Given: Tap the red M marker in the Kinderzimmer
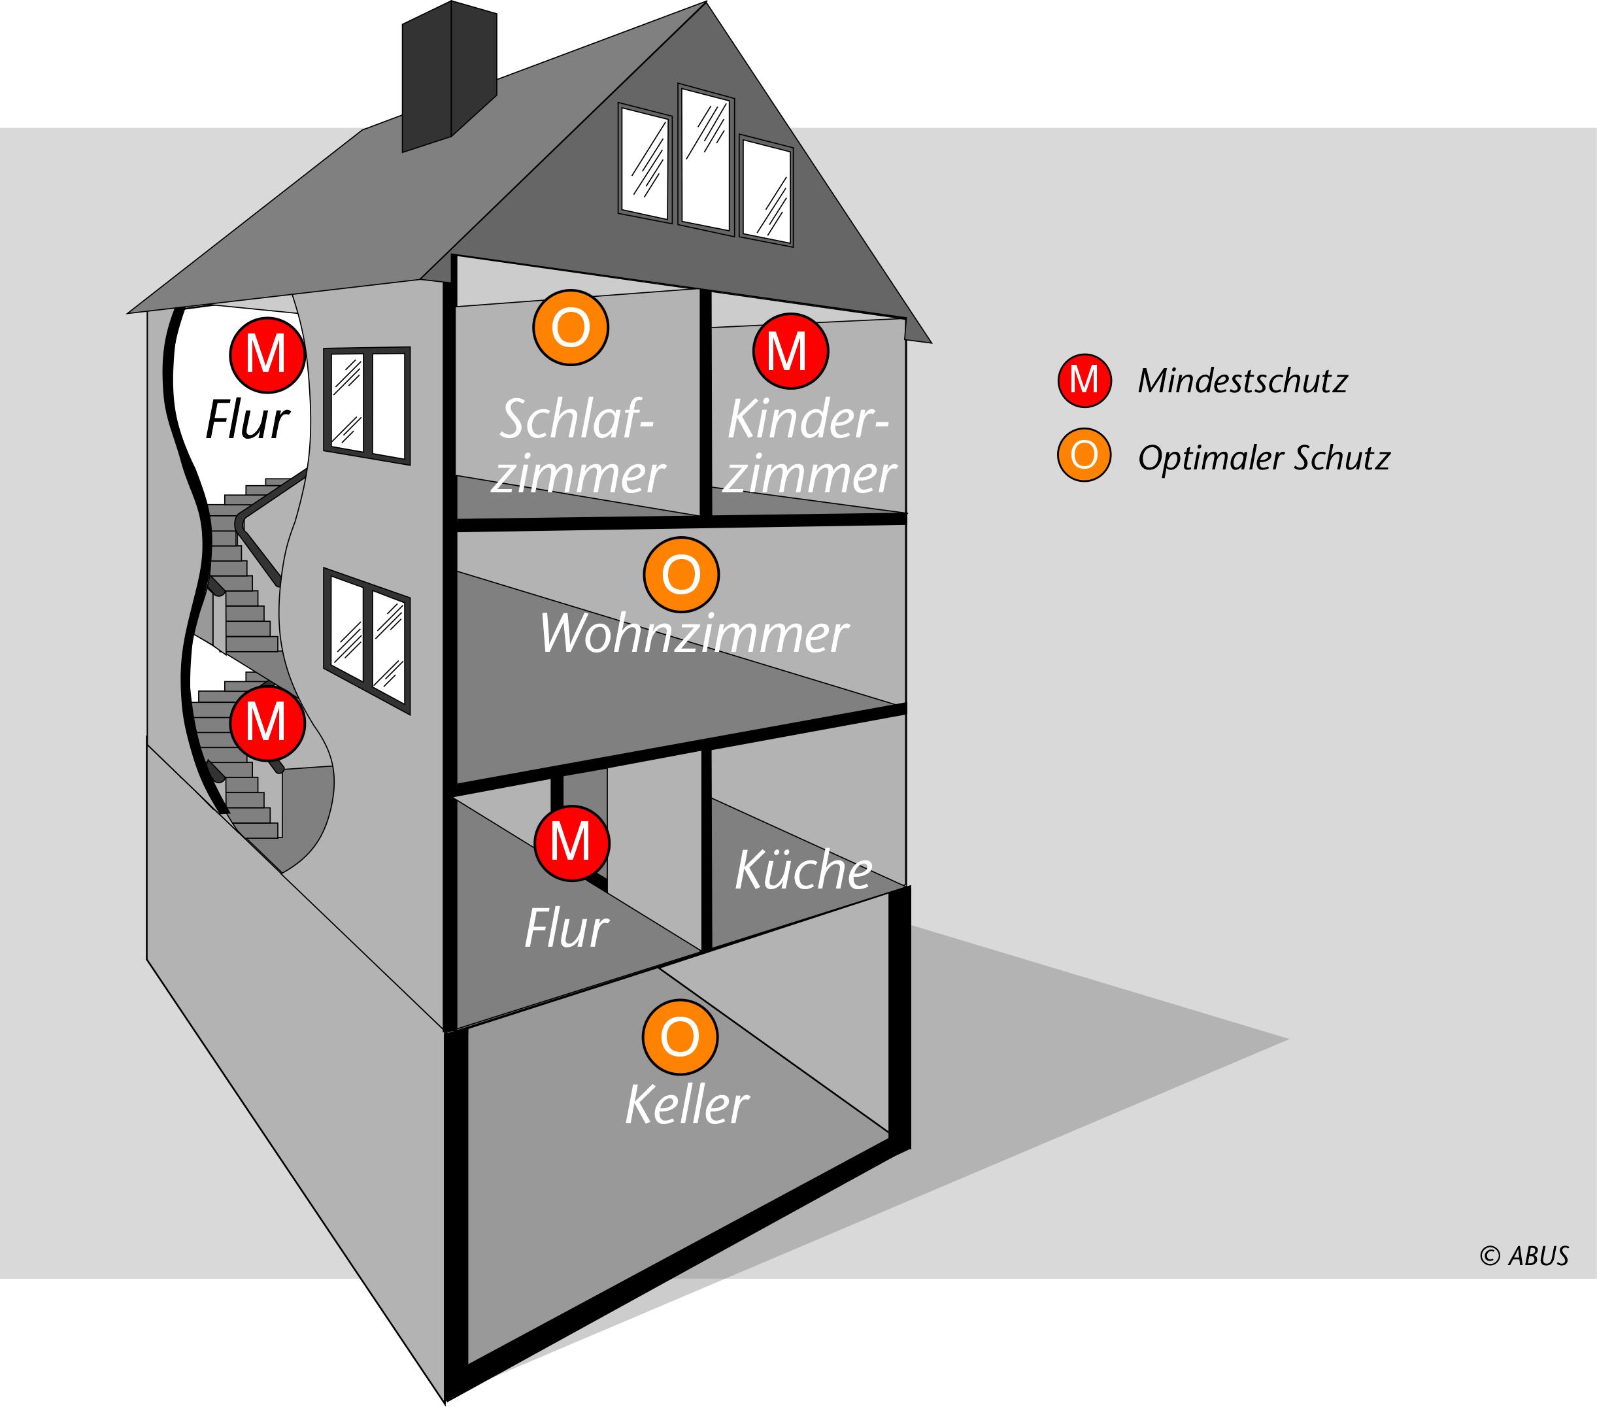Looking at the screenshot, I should (790, 352).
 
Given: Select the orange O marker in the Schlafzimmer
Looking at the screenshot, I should (570, 328).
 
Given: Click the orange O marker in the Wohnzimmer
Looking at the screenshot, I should (681, 575).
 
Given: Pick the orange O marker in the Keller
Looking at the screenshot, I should (679, 1037).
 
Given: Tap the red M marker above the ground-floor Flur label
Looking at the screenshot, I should (571, 843).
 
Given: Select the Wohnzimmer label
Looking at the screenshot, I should (693, 634).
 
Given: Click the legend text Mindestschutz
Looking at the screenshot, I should (1242, 381).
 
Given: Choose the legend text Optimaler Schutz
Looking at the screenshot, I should (1264, 458).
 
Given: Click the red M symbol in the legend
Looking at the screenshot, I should (1084, 381).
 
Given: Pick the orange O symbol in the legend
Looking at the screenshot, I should (1084, 454).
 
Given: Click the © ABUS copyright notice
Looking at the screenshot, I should (1524, 1255).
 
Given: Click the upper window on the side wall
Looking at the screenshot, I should (367, 405).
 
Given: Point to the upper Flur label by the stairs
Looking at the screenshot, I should (248, 420).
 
